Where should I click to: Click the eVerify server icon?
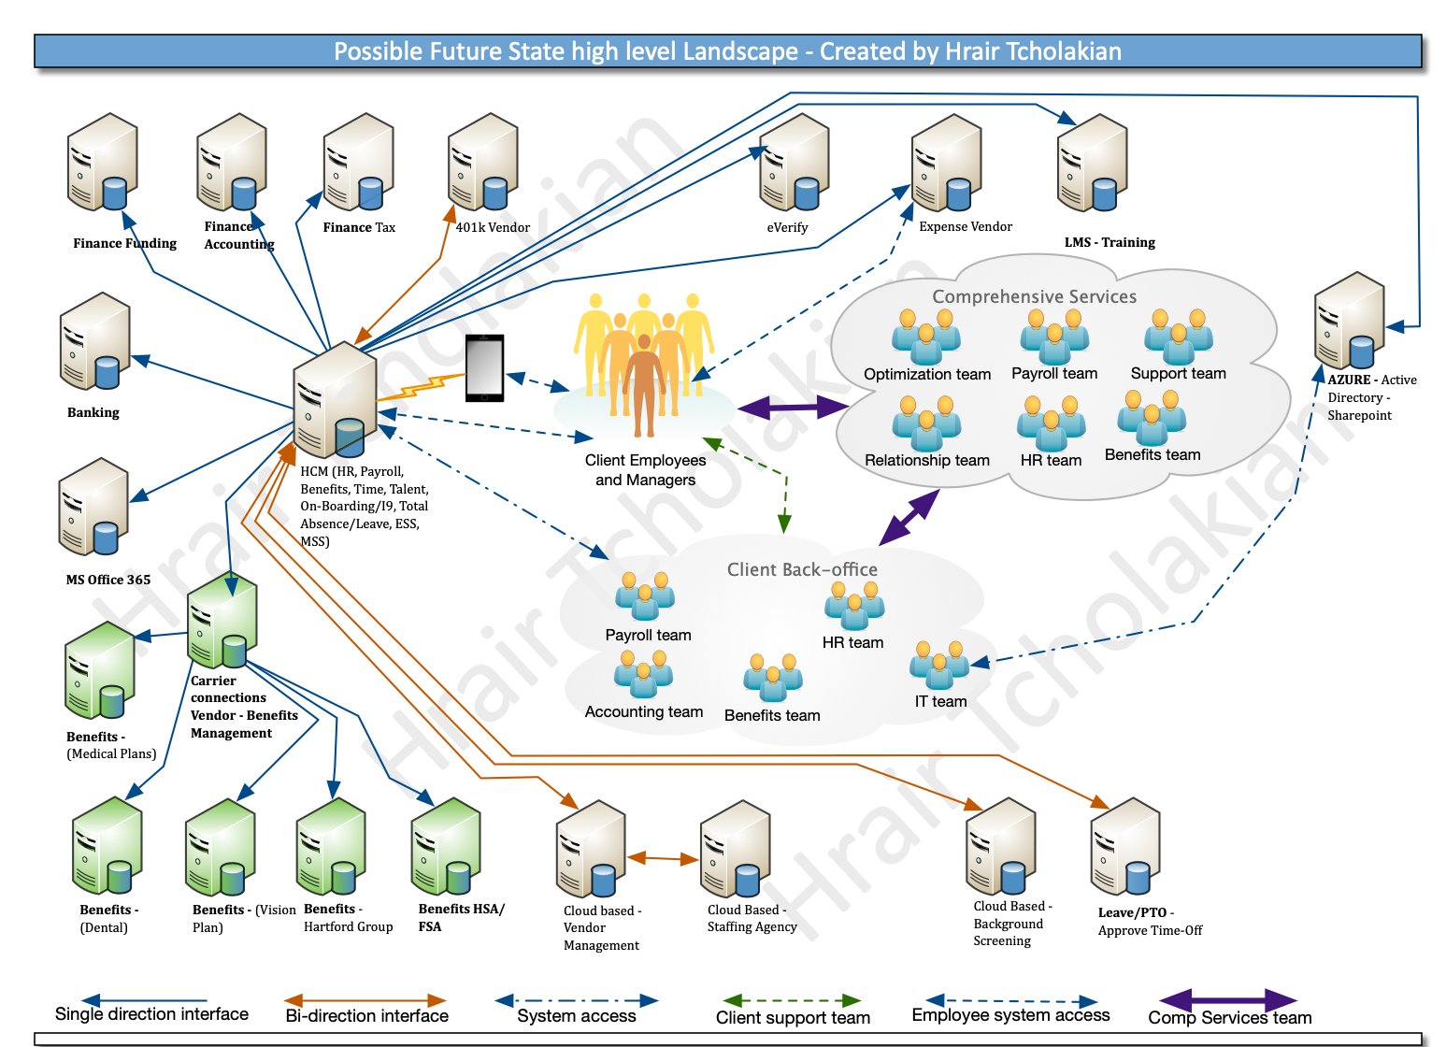click(795, 164)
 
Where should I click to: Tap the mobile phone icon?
click(484, 367)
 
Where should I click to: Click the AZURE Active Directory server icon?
click(1349, 321)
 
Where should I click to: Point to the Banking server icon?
click(94, 341)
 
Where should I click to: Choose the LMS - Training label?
click(1110, 242)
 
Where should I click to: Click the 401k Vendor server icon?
click(482, 163)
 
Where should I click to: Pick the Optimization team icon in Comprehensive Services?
click(926, 337)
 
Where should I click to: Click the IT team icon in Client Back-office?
click(939, 666)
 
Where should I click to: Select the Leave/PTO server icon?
click(1124, 847)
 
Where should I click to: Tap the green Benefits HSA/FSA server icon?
click(446, 847)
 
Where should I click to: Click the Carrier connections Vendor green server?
click(222, 620)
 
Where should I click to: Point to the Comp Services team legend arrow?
click(1228, 999)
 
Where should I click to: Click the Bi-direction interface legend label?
click(366, 1016)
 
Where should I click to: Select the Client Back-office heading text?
click(802, 569)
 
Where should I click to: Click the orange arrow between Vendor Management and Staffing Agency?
click(663, 857)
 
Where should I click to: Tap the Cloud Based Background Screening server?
click(1001, 847)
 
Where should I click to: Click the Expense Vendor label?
click(965, 226)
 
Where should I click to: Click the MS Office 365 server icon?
click(93, 508)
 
